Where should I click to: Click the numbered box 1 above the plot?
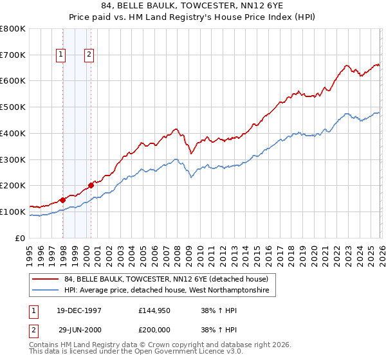coord(61,55)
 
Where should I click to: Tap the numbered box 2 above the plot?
coord(89,55)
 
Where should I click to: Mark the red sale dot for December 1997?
coord(63,200)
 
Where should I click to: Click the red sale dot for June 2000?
coord(91,185)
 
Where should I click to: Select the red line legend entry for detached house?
coord(170,279)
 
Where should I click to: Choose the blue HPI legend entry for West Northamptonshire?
coord(170,291)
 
